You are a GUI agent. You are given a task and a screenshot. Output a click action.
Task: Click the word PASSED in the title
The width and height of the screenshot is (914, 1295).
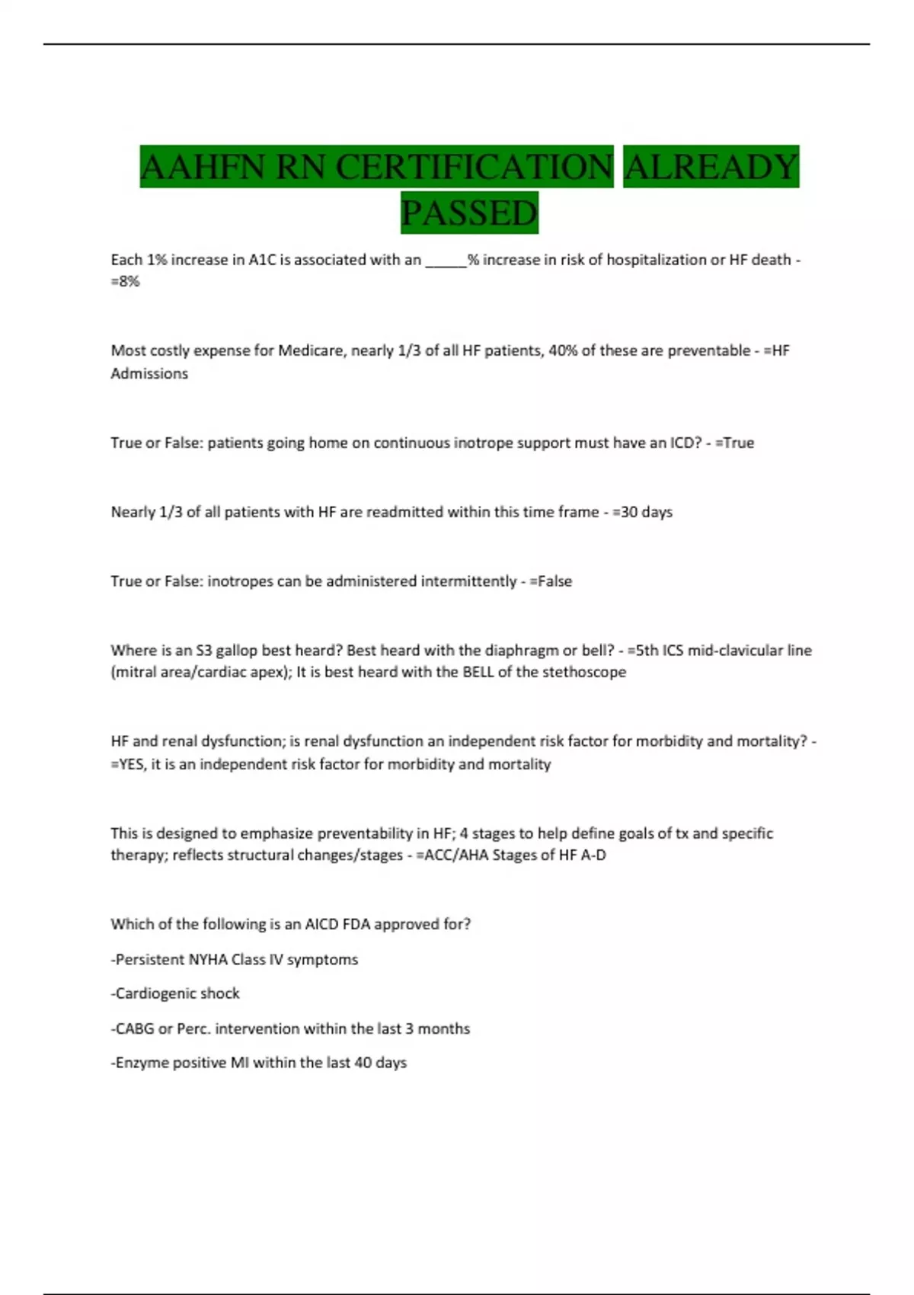click(x=469, y=213)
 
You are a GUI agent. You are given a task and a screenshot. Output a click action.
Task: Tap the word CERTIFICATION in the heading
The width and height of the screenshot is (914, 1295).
click(x=474, y=167)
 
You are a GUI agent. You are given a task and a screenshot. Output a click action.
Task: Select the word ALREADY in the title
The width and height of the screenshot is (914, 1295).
click(x=711, y=167)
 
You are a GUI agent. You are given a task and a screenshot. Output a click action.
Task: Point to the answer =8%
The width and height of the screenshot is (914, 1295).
click(x=125, y=282)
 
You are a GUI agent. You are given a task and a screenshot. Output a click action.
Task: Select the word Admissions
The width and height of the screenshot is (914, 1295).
click(x=149, y=374)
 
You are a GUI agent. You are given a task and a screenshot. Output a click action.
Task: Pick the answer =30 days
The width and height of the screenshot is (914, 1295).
click(x=642, y=512)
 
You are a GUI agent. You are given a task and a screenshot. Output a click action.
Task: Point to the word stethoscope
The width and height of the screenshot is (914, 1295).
click(x=584, y=673)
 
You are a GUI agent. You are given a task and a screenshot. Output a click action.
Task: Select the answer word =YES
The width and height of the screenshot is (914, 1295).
click(x=127, y=765)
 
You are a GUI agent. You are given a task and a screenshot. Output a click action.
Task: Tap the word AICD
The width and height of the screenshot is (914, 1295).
click(x=322, y=925)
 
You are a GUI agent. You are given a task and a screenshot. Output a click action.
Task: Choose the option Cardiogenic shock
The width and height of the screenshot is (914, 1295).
click(x=177, y=994)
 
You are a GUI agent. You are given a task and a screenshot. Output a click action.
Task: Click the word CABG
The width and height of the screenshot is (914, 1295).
click(x=134, y=1029)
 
